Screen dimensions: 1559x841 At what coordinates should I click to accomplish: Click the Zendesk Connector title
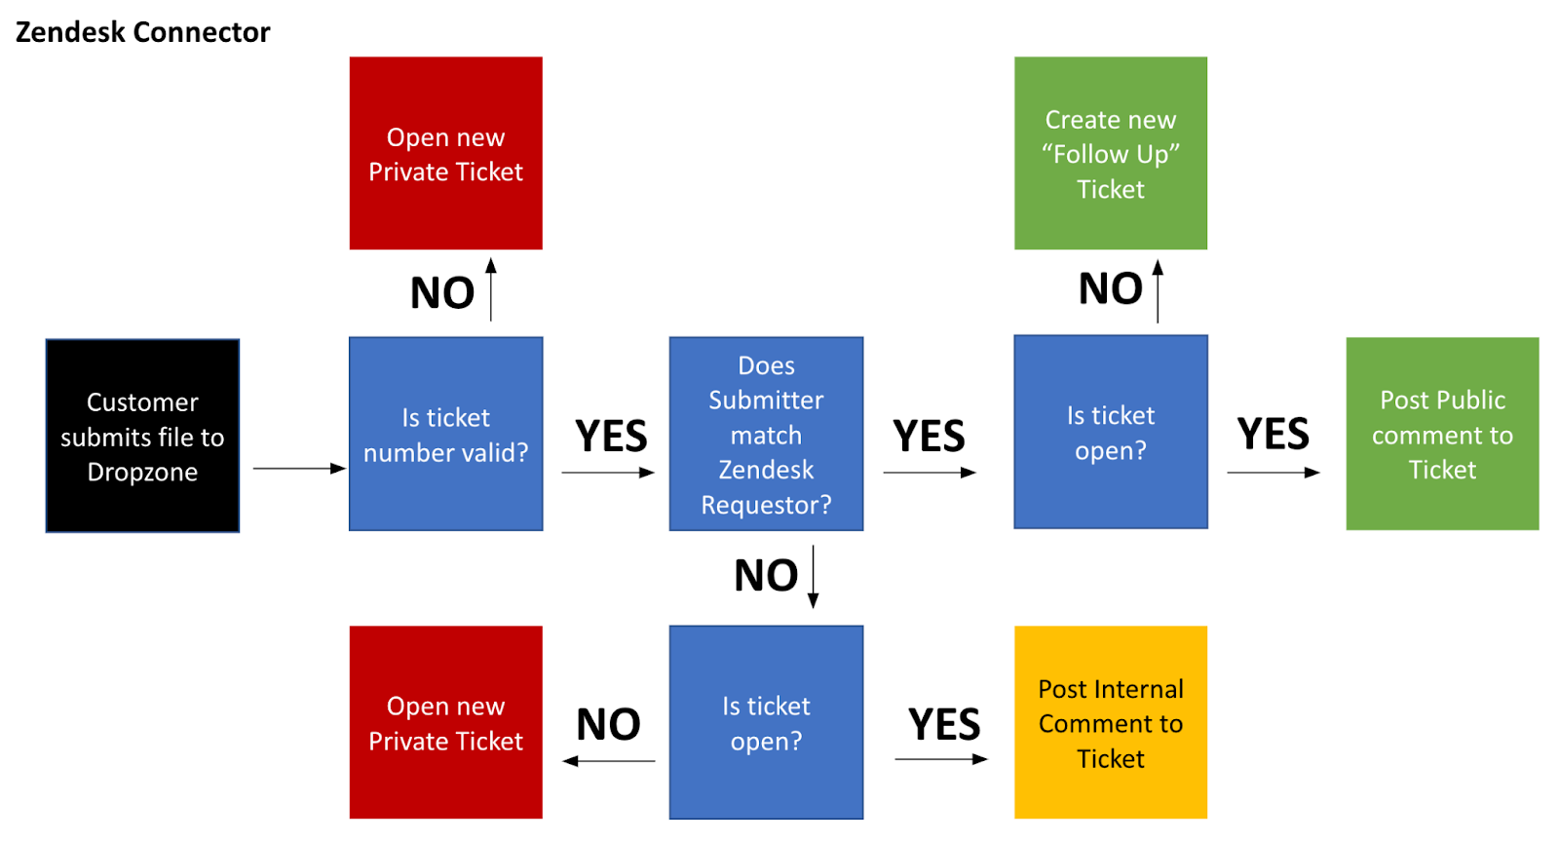(x=142, y=32)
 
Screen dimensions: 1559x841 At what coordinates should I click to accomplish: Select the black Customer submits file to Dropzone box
(x=142, y=436)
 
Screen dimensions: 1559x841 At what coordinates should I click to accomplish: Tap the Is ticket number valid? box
(x=446, y=434)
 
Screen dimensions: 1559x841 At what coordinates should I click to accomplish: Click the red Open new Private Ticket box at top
(x=446, y=153)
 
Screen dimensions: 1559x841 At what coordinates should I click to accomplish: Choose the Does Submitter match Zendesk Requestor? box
(x=766, y=434)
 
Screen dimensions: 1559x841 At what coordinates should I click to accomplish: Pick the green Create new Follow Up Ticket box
(x=1111, y=153)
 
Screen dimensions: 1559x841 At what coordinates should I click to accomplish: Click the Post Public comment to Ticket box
(x=1442, y=434)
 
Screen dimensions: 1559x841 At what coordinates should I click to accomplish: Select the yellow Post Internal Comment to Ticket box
(x=1111, y=722)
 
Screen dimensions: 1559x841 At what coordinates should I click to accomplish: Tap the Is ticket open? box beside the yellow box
(x=766, y=722)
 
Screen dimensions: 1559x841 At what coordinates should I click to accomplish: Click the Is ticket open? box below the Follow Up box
(x=1111, y=432)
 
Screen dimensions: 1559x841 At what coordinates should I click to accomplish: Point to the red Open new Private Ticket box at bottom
(x=446, y=722)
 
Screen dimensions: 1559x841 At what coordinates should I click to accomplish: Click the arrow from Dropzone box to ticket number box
(x=299, y=469)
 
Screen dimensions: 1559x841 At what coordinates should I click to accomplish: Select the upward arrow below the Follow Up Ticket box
(x=1159, y=291)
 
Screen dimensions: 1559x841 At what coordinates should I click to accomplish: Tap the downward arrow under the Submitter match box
(x=813, y=577)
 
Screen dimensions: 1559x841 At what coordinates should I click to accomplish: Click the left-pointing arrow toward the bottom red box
(x=608, y=761)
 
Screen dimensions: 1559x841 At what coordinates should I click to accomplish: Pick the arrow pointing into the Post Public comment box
(x=1274, y=473)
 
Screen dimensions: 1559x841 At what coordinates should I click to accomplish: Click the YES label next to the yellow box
(x=944, y=724)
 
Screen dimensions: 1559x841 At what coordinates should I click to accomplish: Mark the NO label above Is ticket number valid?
(x=442, y=292)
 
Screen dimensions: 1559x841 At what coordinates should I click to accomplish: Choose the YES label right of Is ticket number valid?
(x=611, y=436)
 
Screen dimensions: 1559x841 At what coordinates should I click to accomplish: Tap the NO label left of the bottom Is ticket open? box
(x=608, y=724)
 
